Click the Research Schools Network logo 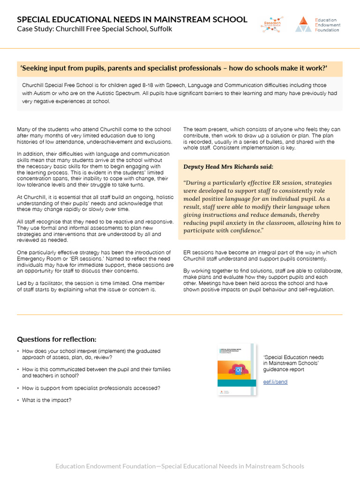tap(272, 24)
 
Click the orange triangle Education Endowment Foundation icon tap(303, 24)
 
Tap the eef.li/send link tap(275, 382)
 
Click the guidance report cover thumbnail tap(238, 370)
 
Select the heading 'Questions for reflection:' tap(57, 339)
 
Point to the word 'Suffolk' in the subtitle tap(161, 29)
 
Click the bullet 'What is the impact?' tap(47, 400)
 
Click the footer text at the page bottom tap(180, 466)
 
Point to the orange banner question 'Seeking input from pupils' tap(173, 68)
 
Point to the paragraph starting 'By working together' tap(262, 280)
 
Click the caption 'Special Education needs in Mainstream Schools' tap(293, 360)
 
